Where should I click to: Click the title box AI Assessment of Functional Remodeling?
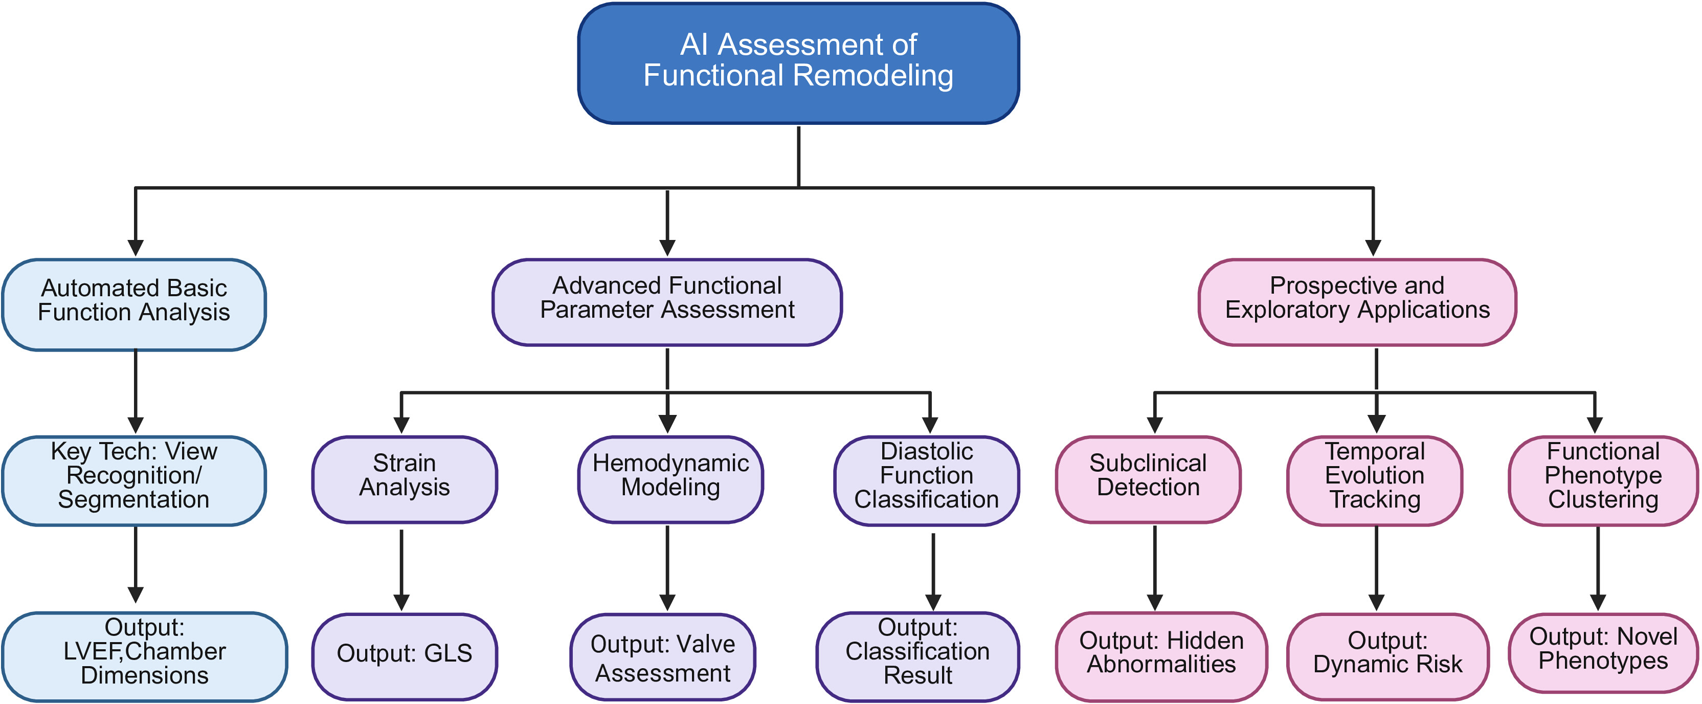click(x=798, y=63)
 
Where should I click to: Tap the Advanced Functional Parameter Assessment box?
click(x=667, y=302)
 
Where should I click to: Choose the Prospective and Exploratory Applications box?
click(x=1357, y=302)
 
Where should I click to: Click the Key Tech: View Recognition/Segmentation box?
click(x=134, y=480)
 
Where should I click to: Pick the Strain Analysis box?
click(x=405, y=479)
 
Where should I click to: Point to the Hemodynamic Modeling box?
click(x=670, y=479)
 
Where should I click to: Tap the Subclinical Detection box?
click(x=1148, y=479)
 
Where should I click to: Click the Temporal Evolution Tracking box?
click(x=1374, y=480)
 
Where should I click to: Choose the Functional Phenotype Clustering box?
click(x=1603, y=480)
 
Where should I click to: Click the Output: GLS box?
click(x=405, y=656)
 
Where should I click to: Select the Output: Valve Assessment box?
click(x=663, y=656)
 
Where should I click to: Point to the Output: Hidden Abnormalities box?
click(x=1161, y=656)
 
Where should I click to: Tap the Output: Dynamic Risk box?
click(x=1387, y=656)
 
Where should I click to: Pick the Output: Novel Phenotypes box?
click(x=1603, y=653)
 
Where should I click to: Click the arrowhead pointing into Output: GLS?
click(x=401, y=603)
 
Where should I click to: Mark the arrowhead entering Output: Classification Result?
click(x=933, y=602)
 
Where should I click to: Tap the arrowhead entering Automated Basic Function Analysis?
click(x=136, y=248)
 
